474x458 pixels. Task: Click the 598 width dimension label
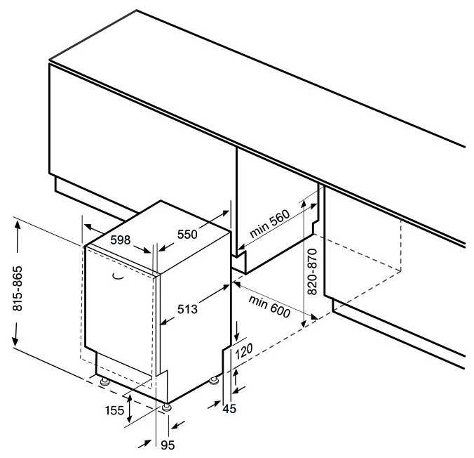click(121, 240)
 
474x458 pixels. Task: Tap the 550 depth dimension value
click(187, 234)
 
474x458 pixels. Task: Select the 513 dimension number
click(187, 309)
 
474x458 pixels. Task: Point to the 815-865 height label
click(18, 289)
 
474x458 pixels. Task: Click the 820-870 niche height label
click(312, 272)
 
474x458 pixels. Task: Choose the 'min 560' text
click(270, 223)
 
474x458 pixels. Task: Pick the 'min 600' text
click(269, 306)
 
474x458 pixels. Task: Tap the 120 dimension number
click(243, 352)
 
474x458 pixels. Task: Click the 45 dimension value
click(229, 409)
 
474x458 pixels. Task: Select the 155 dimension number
click(114, 410)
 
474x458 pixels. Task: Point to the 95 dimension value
click(168, 445)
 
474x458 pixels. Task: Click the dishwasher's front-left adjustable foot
click(104, 381)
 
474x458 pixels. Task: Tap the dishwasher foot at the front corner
click(167, 407)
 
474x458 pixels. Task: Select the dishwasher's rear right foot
click(214, 381)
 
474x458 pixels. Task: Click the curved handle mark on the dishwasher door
click(118, 276)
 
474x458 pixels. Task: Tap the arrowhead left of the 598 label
click(88, 227)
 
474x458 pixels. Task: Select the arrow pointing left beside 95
click(177, 425)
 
